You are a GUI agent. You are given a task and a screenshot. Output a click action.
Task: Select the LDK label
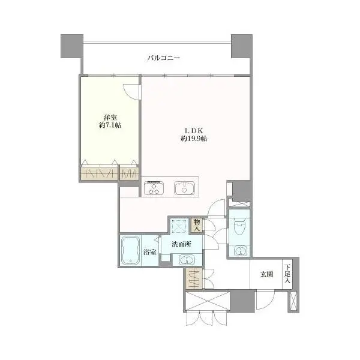[x=194, y=128]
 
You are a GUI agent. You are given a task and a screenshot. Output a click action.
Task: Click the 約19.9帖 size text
[x=194, y=139]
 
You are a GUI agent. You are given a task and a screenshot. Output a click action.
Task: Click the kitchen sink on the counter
[x=184, y=188]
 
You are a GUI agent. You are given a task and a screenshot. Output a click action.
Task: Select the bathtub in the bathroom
[x=130, y=251]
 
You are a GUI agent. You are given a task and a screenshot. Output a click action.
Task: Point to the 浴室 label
[x=150, y=253]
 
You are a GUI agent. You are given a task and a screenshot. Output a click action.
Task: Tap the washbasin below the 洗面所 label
[x=186, y=260]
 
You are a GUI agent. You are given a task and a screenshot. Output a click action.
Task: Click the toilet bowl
[x=240, y=225]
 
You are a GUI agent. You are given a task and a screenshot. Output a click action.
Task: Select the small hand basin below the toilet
[x=241, y=251]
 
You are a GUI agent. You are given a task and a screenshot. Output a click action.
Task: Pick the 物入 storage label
[x=196, y=225]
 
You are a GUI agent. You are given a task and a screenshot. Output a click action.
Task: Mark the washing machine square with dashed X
[x=179, y=226]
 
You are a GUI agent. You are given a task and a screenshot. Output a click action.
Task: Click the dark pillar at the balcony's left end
[x=71, y=46]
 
